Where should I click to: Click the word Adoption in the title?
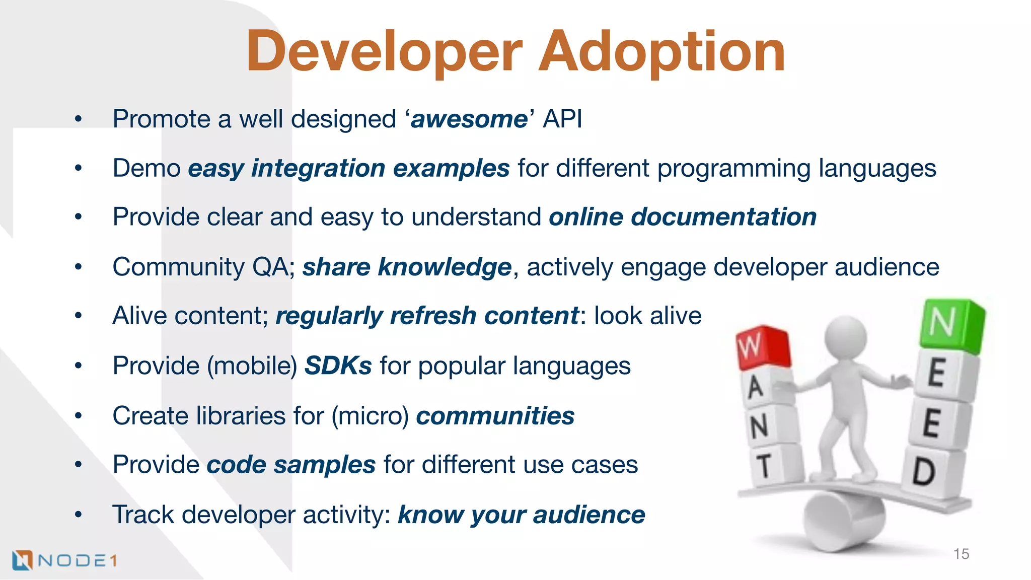[661, 51]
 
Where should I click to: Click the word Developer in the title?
[384, 51]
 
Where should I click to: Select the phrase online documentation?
[682, 217]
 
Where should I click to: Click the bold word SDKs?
[338, 366]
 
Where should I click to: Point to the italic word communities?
[495, 416]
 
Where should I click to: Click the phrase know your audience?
[521, 515]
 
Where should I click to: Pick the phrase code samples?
[291, 465]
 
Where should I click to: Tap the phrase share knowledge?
[407, 267]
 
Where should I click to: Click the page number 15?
[961, 554]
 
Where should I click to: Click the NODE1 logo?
[64, 560]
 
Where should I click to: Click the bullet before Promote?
[78, 120]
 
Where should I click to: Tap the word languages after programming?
[876, 168]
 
